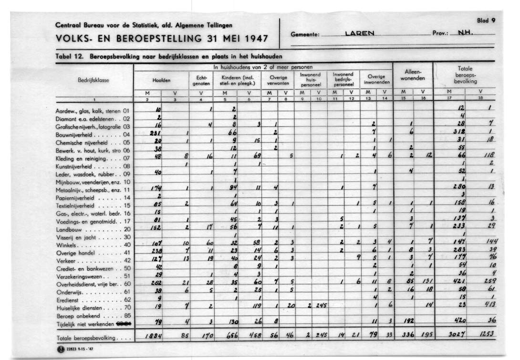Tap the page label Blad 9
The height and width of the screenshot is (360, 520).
(486, 21)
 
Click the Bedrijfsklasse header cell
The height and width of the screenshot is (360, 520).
(94, 80)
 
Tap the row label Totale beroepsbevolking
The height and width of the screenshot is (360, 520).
(90, 338)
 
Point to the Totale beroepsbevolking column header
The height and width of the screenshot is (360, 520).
(465, 75)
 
